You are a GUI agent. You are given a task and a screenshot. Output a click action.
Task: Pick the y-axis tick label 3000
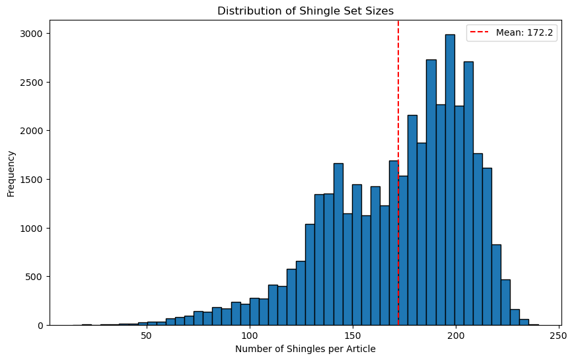(x=33, y=34)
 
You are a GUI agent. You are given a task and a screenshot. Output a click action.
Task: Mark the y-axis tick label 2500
(x=33, y=83)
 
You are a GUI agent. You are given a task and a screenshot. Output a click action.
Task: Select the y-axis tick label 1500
(x=33, y=180)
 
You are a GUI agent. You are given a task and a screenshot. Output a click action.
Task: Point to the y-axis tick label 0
(x=41, y=326)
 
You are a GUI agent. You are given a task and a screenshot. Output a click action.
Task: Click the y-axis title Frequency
(x=11, y=172)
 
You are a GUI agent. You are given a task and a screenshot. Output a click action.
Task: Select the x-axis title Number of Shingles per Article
(x=305, y=349)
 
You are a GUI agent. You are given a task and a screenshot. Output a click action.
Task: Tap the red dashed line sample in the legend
(x=481, y=34)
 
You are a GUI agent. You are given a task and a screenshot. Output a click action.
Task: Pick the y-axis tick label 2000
(x=33, y=131)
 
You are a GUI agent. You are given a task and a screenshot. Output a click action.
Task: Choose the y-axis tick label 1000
(x=33, y=229)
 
